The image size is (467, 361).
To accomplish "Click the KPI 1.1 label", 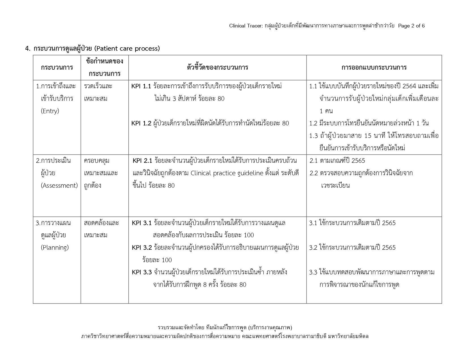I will coord(141,86).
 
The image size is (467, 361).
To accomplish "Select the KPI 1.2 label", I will coord(141,123).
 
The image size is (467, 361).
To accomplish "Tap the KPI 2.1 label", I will coord(143,161).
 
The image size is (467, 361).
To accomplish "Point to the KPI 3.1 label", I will coord(142,223).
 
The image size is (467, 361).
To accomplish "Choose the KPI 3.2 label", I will coord(142,247).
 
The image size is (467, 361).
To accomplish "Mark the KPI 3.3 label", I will coord(142,272).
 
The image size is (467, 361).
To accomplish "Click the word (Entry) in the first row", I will coord(50,111).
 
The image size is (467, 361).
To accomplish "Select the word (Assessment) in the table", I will coord(59,185).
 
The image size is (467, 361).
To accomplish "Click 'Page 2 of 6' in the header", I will coord(411,26).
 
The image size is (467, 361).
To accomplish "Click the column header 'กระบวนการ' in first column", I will coord(57,67).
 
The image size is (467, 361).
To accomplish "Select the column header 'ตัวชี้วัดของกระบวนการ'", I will coord(217,67).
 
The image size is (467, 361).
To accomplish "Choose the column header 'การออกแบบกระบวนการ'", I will coord(374,67).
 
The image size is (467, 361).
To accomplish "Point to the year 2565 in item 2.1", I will coord(358,161).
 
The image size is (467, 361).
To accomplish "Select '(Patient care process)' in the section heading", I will coord(127,48).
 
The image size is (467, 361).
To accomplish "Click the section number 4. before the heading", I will coord(28,48).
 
